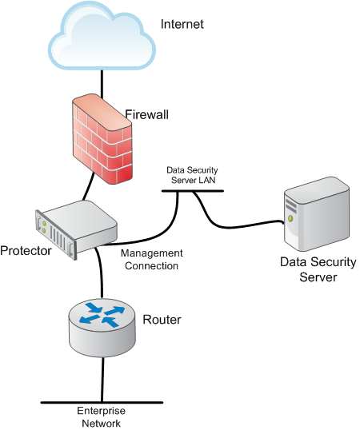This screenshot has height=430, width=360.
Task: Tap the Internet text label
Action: (182, 24)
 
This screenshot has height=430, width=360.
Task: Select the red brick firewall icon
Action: (102, 139)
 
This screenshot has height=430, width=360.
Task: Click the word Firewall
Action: (146, 114)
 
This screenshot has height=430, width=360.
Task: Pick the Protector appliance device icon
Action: (76, 229)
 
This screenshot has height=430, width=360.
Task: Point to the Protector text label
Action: (26, 251)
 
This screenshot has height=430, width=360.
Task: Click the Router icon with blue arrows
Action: (102, 328)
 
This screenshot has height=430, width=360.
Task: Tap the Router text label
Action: (162, 320)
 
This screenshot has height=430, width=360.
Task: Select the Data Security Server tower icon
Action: (317, 214)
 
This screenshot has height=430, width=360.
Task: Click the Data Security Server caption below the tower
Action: (318, 269)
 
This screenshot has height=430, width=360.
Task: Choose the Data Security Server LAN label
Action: (192, 175)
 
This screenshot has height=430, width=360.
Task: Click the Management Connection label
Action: (152, 260)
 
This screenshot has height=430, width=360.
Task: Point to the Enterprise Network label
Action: (102, 417)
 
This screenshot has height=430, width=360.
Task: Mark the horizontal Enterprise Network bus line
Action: (102, 403)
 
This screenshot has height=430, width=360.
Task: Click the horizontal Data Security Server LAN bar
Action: (193, 191)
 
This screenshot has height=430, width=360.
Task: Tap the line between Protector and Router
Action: (101, 272)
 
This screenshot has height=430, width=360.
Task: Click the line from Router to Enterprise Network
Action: (102, 379)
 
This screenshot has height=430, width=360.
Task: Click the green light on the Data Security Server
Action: (290, 218)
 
